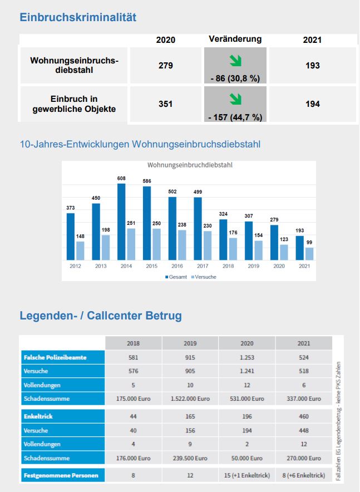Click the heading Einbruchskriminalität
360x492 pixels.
click(x=78, y=17)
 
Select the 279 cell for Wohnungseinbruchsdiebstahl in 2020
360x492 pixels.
click(x=166, y=65)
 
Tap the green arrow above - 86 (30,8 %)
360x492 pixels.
click(x=235, y=60)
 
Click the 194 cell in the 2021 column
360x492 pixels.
click(x=313, y=104)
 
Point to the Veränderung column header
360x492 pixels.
click(x=235, y=39)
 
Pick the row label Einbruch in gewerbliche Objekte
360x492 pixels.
click(x=74, y=104)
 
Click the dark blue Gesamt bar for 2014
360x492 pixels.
click(x=121, y=222)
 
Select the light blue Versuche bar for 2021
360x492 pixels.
click(x=309, y=254)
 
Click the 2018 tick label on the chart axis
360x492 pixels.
click(x=228, y=266)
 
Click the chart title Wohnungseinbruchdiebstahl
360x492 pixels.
click(x=189, y=165)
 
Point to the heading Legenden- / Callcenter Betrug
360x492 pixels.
click(x=101, y=316)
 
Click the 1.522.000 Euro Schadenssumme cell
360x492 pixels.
click(x=190, y=398)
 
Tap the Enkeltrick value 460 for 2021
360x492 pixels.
click(x=304, y=416)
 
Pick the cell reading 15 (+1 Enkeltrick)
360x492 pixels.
click(x=247, y=476)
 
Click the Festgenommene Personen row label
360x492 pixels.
click(x=62, y=476)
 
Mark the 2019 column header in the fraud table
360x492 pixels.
click(x=190, y=343)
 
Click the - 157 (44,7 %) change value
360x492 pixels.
click(x=235, y=117)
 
